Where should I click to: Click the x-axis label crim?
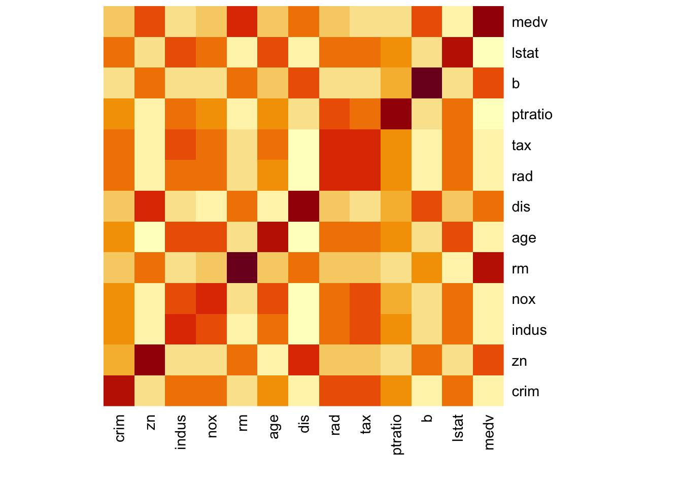pyautogui.click(x=120, y=428)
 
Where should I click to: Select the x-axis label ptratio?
pyautogui.click(x=397, y=434)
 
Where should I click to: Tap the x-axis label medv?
pyautogui.click(x=489, y=432)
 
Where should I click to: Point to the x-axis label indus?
pyautogui.click(x=181, y=432)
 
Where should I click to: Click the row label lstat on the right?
pyautogui.click(x=525, y=53)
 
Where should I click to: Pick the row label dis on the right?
pyautogui.click(x=521, y=207)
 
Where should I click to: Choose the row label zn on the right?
pyautogui.click(x=520, y=361)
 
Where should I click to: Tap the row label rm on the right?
pyautogui.click(x=521, y=269)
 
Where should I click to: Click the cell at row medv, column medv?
pyautogui.click(x=489, y=21)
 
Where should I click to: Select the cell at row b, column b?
pyautogui.click(x=427, y=83)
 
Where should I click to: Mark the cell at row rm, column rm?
pyautogui.click(x=242, y=268)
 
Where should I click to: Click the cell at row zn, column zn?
pyautogui.click(x=150, y=360)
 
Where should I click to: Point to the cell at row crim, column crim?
pyautogui.click(x=119, y=391)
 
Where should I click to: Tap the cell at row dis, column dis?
pyautogui.click(x=303, y=206)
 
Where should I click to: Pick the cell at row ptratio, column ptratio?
pyautogui.click(x=396, y=114)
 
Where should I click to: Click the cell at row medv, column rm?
pyautogui.click(x=242, y=21)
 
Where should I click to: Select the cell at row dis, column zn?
pyautogui.click(x=150, y=206)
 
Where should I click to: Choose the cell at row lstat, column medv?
pyautogui.click(x=489, y=52)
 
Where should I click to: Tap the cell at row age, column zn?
pyautogui.click(x=150, y=237)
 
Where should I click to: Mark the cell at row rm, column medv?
pyautogui.click(x=489, y=268)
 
